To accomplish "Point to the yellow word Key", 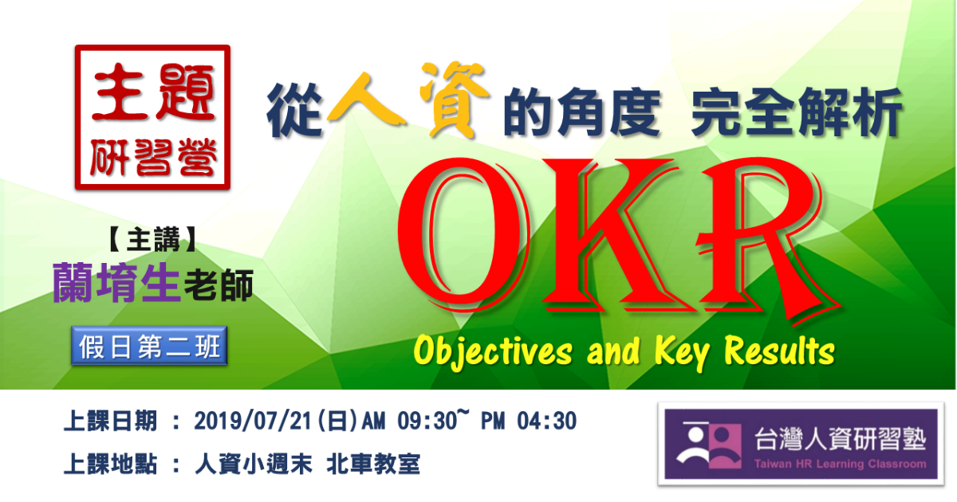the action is coord(681,352).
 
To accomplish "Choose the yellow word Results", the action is coord(779,351).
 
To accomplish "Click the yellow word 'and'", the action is coord(613,351).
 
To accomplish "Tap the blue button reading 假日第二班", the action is coord(149,346).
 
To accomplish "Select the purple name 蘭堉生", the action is coord(116,283).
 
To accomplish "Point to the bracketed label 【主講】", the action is coord(152,240).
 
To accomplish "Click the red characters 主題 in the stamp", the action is coord(153,92).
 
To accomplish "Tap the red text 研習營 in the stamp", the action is coord(153,157).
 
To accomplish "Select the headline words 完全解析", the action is coord(797,112).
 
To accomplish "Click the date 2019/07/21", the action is coord(253,421).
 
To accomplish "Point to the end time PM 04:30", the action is coord(529,421).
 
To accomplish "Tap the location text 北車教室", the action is coord(373,464).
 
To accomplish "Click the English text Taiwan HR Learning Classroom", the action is coord(840,464).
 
